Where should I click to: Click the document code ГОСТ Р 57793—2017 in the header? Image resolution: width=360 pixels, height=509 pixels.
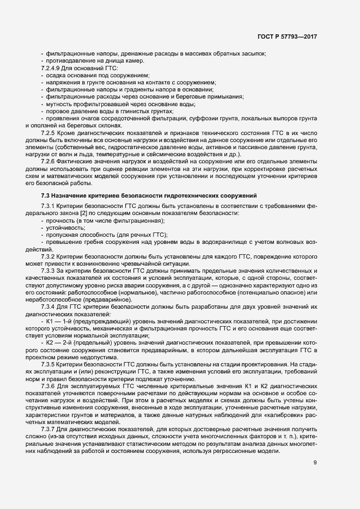[287, 36]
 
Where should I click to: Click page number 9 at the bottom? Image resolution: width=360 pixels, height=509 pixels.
[315, 463]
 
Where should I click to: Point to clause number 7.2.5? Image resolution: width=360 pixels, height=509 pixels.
[48, 132]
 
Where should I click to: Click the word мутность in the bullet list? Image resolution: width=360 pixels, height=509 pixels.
[60, 103]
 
